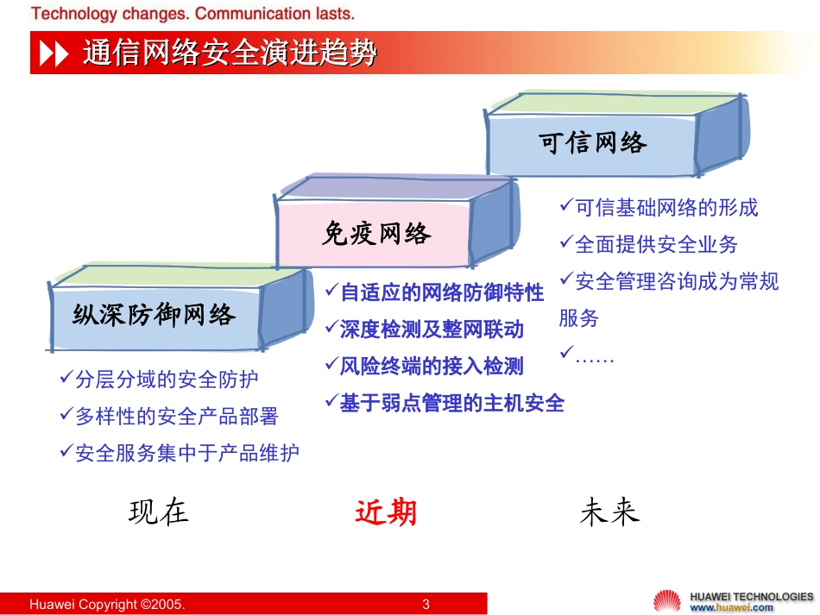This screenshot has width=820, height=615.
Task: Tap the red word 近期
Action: tap(386, 512)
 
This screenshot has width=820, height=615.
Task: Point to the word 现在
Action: tap(159, 511)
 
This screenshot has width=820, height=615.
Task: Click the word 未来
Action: tap(609, 511)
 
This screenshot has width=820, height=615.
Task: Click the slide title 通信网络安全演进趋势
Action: tap(230, 53)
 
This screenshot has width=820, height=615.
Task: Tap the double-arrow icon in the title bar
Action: tap(54, 54)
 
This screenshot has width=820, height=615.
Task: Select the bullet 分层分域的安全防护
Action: tap(167, 380)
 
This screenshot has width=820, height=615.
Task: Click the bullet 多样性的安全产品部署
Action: tap(177, 417)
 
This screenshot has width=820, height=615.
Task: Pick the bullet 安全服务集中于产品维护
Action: tap(186, 453)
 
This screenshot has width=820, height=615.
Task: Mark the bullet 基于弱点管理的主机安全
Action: tap(451, 403)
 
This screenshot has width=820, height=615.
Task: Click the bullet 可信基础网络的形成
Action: tap(666, 208)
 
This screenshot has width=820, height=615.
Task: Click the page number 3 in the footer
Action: tap(426, 604)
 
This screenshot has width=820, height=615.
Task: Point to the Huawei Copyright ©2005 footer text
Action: tap(107, 604)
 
